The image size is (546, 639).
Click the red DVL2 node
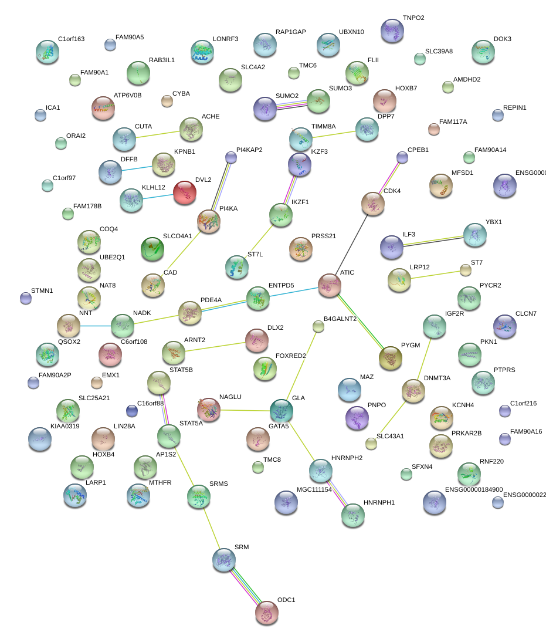(x=185, y=192)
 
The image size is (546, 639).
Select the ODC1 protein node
(x=267, y=613)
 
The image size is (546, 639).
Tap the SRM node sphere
(x=224, y=560)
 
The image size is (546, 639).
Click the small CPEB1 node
(x=402, y=157)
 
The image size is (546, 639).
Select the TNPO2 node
(x=392, y=31)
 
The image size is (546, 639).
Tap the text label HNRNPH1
(x=379, y=503)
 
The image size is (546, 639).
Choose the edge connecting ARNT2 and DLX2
(x=215, y=346)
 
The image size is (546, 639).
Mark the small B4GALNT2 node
(x=318, y=327)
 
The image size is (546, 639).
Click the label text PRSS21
(x=324, y=236)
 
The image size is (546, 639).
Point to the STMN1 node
(x=26, y=298)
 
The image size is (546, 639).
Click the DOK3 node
(x=483, y=52)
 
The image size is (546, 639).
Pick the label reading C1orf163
(x=71, y=39)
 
